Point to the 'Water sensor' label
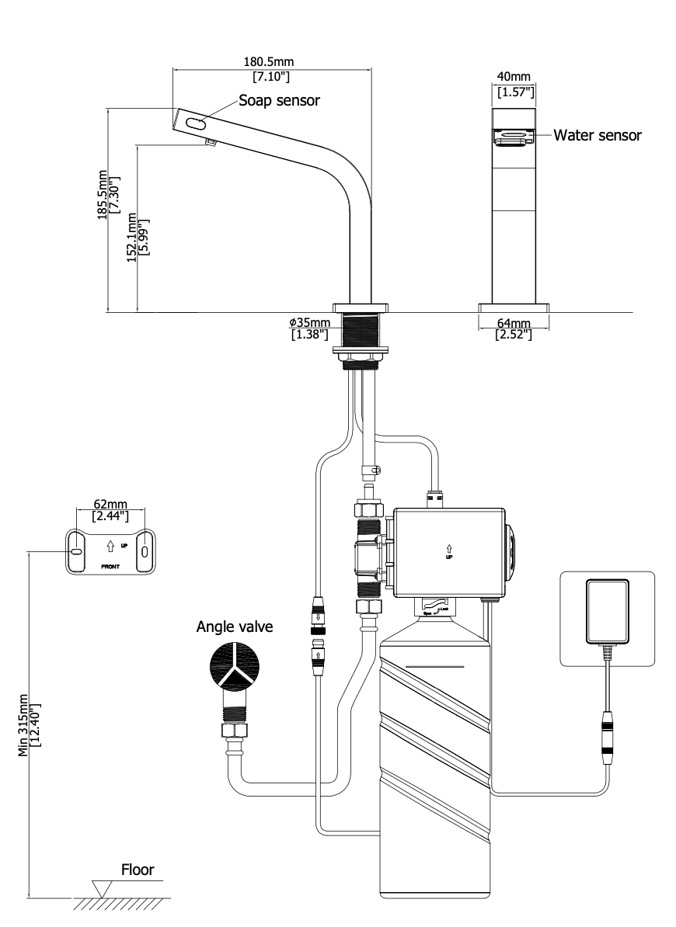coord(598,135)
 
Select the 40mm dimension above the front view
coord(514,78)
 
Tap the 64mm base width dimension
coord(514,323)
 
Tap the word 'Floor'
coord(137,870)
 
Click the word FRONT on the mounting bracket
coord(110,567)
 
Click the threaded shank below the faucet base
coord(359,332)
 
